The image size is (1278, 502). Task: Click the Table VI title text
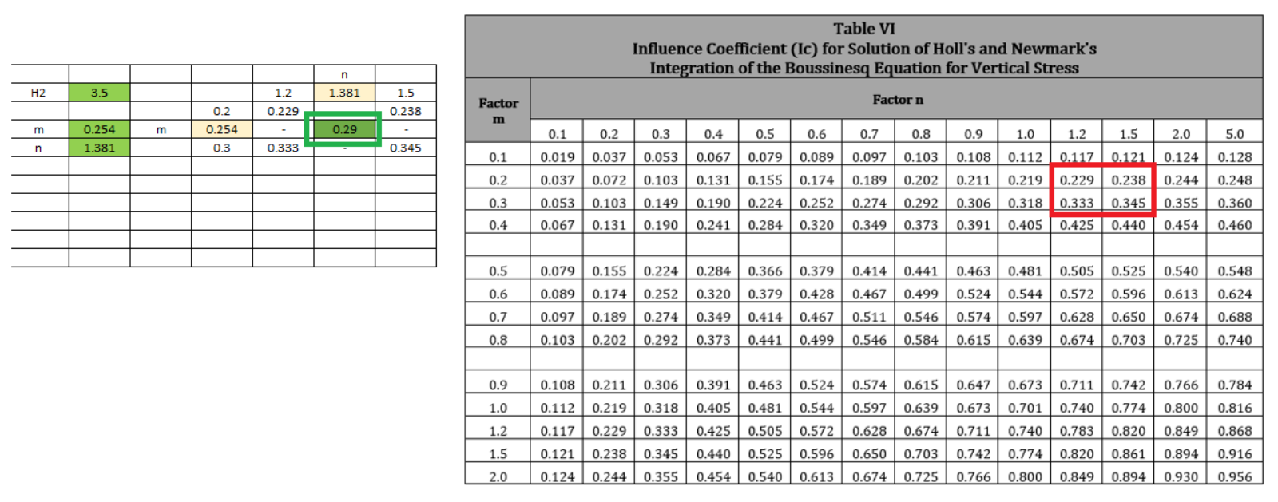(864, 29)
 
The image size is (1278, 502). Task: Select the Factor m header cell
(498, 111)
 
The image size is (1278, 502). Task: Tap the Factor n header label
(897, 100)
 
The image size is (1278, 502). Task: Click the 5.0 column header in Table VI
(1234, 134)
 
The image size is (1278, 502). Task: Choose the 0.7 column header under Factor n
(869, 134)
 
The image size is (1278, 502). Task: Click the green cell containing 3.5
(99, 93)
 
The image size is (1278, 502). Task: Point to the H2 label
(38, 93)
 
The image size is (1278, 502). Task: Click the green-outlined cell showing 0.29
(344, 129)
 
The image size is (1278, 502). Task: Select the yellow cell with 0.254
(222, 129)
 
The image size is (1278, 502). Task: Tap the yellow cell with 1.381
(344, 93)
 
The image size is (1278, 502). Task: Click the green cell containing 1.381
(99, 148)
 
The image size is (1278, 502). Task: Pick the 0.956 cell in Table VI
(1234, 476)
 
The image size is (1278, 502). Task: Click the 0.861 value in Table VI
(1129, 453)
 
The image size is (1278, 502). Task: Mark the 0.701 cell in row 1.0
(1025, 408)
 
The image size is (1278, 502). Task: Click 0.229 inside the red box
(1077, 180)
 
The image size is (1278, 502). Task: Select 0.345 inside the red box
(1129, 204)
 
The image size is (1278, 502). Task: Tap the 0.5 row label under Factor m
(498, 271)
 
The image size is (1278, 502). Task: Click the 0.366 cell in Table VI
(765, 271)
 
